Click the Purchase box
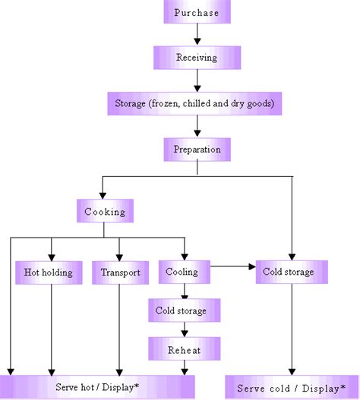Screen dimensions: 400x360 197,13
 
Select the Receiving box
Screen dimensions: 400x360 197,58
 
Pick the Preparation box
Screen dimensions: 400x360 197,149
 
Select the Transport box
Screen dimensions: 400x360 119,272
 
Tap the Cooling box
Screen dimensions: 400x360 184,272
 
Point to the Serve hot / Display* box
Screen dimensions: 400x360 97,387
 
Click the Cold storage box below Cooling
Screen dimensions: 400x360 184,310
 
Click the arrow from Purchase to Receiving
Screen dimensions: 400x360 197,35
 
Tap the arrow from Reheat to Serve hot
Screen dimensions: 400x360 184,367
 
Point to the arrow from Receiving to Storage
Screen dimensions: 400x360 197,80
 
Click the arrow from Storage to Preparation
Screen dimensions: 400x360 197,126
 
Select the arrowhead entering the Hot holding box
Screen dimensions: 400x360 51,256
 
